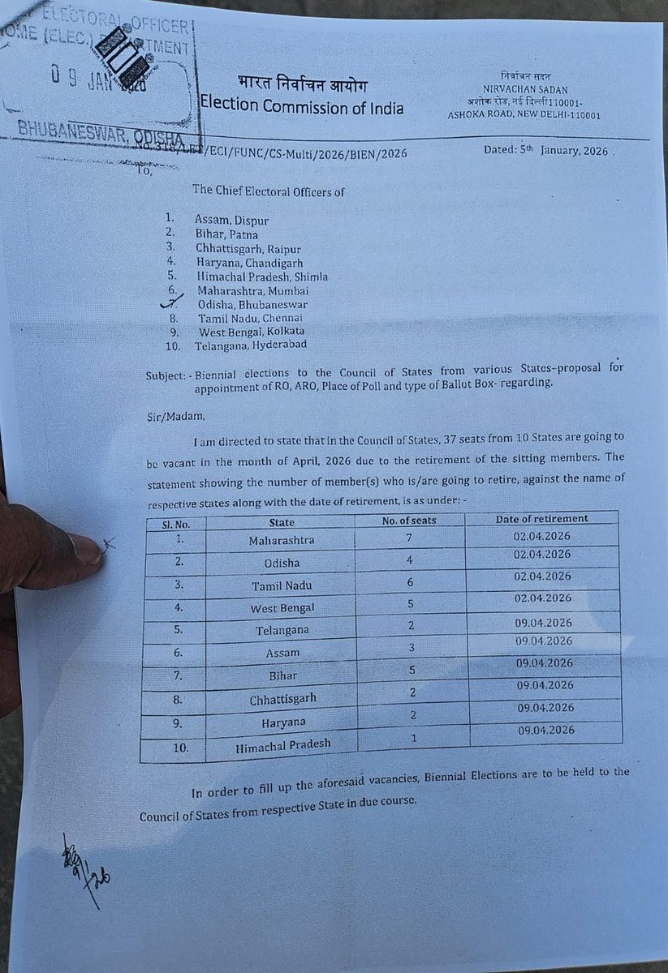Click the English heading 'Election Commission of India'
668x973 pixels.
(302, 106)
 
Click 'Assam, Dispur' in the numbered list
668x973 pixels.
(231, 219)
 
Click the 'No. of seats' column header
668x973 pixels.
(409, 520)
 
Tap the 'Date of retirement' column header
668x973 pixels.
(542, 518)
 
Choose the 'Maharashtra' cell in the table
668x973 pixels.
(282, 540)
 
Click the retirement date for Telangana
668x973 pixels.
(543, 623)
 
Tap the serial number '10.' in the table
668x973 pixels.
(174, 746)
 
